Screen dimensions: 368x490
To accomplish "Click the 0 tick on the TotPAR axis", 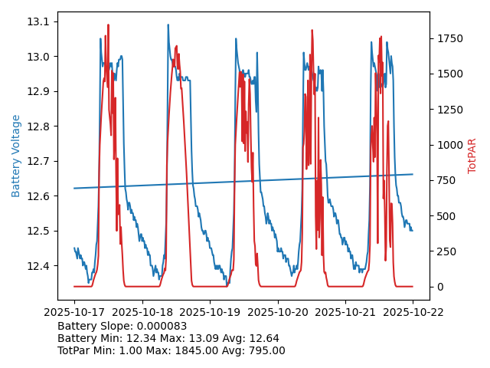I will click(438, 287).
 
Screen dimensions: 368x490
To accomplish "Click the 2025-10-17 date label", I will click(74, 312).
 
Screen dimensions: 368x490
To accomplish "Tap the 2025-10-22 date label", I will click(413, 312).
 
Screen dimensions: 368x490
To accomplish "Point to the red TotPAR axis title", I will click(472, 156).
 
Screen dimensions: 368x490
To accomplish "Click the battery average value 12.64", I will click(265, 338).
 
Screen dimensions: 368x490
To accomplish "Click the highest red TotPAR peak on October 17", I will click(108, 25).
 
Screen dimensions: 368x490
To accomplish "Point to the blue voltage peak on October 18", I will click(168, 25).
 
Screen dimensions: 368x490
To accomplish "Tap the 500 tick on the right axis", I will click(445, 216).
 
